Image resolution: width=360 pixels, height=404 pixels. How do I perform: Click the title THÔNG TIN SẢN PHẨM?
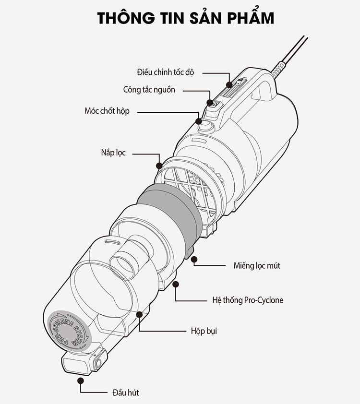(185, 18)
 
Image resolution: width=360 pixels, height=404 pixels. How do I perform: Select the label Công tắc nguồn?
(149, 90)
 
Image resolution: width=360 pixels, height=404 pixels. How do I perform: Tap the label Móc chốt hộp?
(107, 111)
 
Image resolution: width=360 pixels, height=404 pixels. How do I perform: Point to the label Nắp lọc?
(113, 153)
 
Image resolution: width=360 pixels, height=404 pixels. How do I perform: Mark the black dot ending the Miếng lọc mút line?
(194, 260)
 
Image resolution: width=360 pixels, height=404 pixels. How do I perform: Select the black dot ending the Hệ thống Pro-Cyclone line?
(177, 284)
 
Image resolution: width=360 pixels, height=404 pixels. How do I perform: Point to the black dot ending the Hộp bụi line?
(140, 315)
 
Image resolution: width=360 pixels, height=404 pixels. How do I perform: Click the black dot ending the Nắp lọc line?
(159, 165)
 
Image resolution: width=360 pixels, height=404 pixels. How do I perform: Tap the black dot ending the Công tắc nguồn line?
(210, 102)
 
